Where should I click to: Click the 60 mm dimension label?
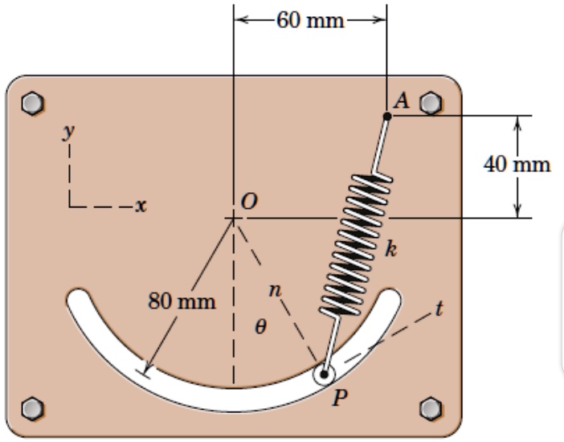(x=309, y=19)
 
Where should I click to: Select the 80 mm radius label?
(x=182, y=302)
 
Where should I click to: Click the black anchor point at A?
(x=387, y=117)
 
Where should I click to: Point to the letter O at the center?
(x=250, y=201)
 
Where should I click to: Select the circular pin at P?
(x=325, y=374)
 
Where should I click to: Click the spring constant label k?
(x=390, y=248)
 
